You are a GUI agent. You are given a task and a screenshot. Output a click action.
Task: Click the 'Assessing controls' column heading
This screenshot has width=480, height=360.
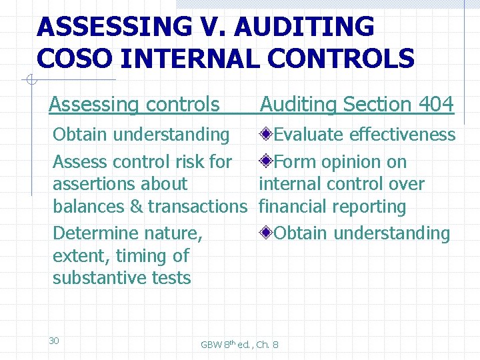pos(134,105)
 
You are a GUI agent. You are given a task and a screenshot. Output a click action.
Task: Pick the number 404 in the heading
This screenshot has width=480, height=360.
pos(436,105)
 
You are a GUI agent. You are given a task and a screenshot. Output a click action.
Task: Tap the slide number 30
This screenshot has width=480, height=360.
pos(54,341)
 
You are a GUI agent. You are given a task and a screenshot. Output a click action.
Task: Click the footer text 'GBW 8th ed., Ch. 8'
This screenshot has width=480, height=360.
pos(239,345)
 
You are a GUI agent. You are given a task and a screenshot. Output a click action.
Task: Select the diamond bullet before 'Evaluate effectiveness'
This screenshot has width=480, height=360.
pos(266,135)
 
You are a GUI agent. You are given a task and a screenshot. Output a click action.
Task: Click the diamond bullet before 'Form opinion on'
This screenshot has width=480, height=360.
pos(266,161)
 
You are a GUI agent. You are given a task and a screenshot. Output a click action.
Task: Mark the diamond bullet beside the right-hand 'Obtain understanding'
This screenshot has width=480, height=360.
pos(266,233)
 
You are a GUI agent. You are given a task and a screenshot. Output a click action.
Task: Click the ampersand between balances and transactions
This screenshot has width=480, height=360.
pos(136,207)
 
